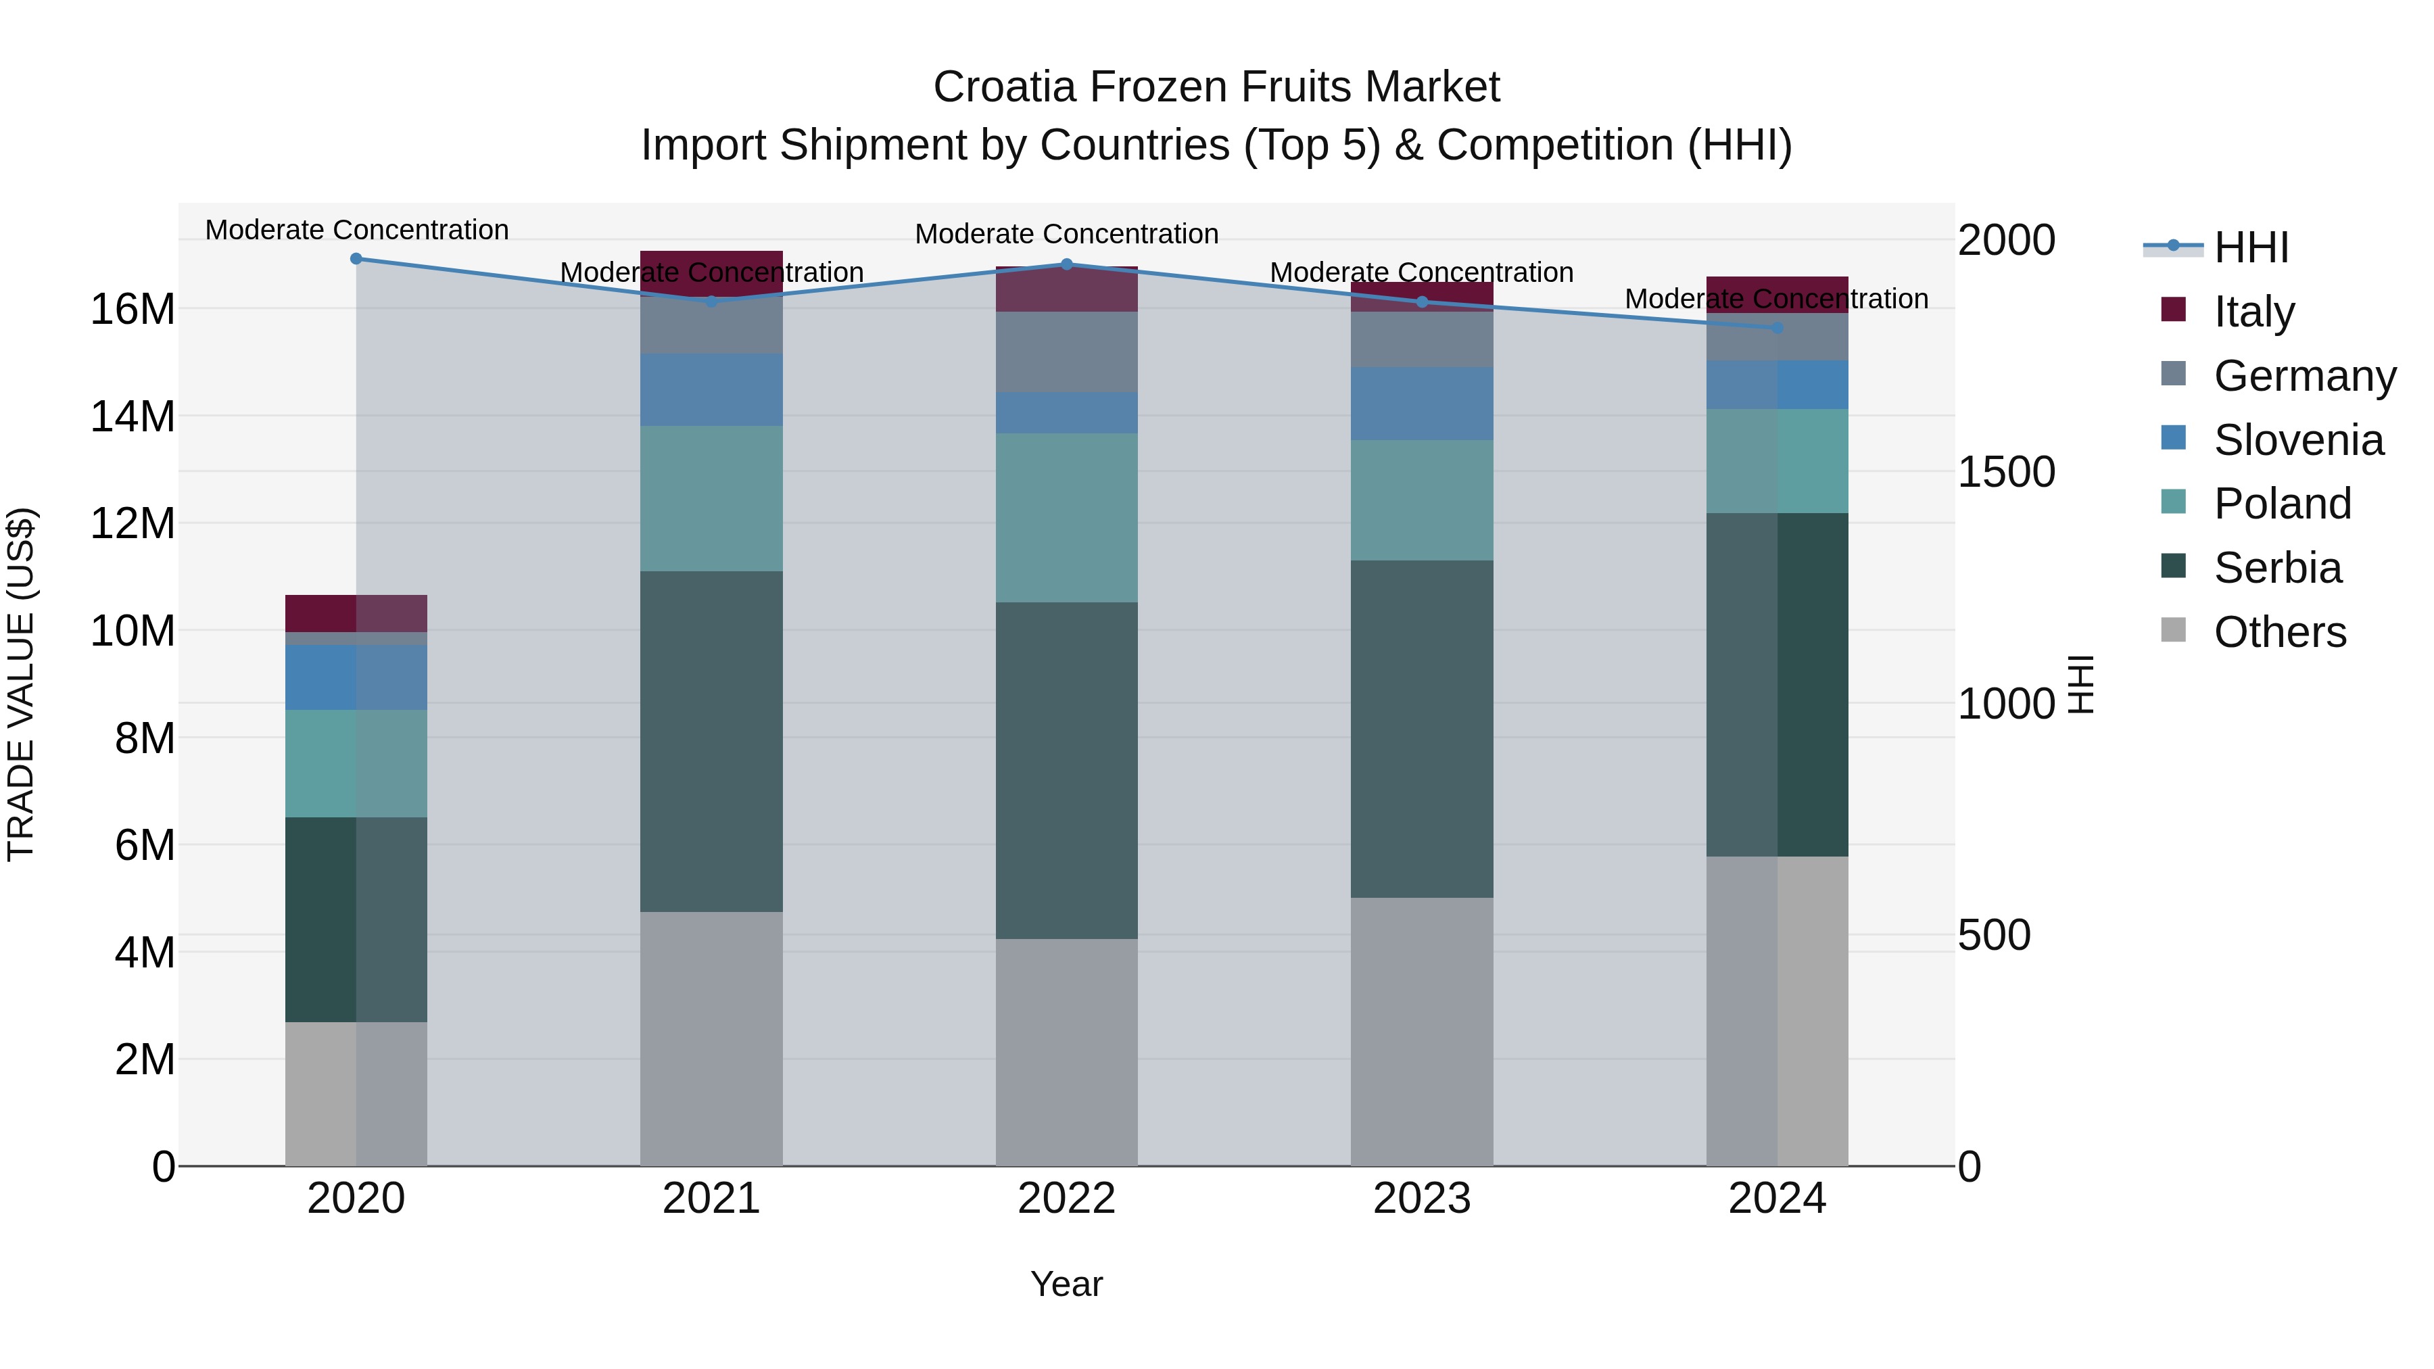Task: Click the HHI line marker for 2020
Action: [356, 259]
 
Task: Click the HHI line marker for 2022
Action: [1067, 264]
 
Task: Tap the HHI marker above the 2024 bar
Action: [1777, 328]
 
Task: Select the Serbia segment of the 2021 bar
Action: [711, 742]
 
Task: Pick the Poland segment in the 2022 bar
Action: [1067, 518]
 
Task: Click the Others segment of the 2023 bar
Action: [1422, 1032]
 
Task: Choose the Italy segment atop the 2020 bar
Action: [356, 613]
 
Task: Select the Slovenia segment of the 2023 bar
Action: [1422, 404]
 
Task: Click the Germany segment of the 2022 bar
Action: [1067, 352]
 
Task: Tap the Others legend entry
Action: [2279, 632]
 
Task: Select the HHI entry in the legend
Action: [2251, 247]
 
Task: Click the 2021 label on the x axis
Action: [711, 1199]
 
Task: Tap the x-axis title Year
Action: [1067, 1284]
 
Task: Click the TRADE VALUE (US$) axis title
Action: [22, 684]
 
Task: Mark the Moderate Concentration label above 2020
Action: [356, 230]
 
